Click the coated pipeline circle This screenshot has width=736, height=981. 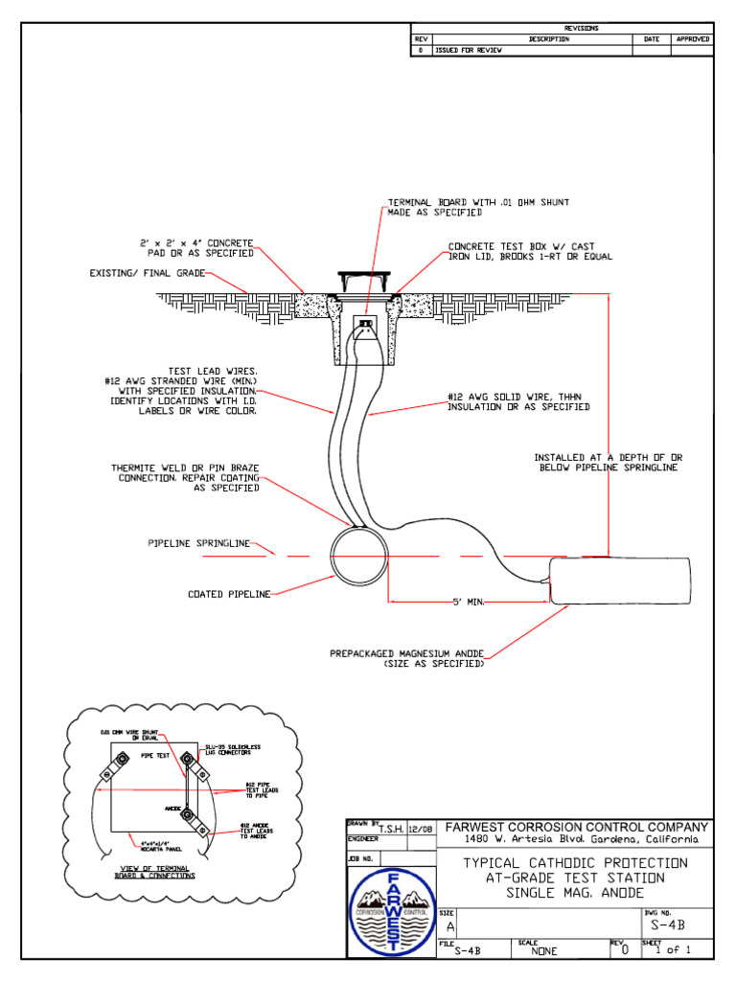[358, 556]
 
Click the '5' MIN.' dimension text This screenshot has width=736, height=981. [469, 602]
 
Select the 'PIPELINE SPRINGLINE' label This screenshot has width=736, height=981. [198, 543]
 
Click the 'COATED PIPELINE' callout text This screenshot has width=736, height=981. [229, 594]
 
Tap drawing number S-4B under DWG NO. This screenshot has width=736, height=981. [667, 926]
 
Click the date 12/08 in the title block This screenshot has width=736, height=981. [421, 829]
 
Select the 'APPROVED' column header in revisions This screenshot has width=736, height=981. [693, 39]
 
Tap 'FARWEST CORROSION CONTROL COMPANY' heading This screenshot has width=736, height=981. [575, 827]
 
